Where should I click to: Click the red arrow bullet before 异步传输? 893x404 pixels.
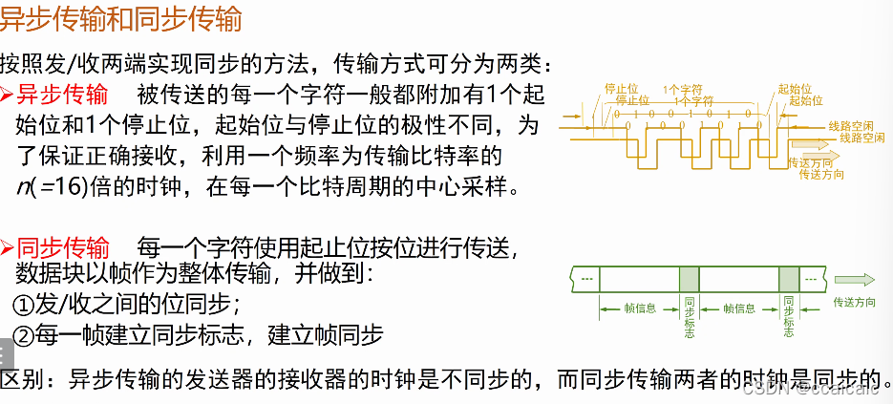point(8,95)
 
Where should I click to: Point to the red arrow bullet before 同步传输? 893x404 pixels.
point(8,247)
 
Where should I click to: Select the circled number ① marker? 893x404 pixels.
point(23,305)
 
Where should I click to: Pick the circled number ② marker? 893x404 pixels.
point(23,335)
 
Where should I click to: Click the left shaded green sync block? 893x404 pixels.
point(690,279)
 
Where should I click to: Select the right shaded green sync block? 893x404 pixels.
point(788,279)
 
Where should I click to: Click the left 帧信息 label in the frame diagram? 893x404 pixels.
point(639,308)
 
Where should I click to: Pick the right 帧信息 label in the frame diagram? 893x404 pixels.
point(738,308)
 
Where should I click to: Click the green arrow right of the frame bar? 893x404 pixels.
point(854,279)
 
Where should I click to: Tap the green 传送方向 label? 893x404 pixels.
point(854,302)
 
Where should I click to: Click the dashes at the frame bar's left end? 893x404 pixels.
point(585,279)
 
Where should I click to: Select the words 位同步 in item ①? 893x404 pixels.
point(202,305)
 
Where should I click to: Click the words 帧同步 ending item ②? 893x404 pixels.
point(354,335)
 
